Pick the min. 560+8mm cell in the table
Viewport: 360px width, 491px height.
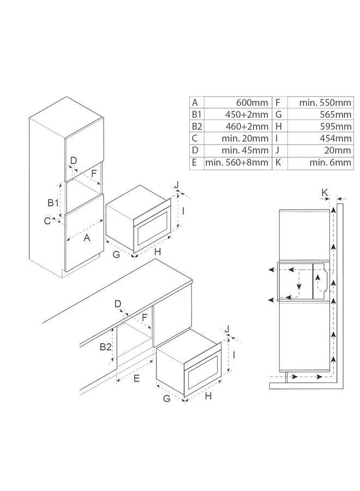(x=237, y=162)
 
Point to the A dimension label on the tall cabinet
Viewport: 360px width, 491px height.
(x=86, y=237)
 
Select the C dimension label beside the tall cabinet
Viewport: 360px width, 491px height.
(x=47, y=220)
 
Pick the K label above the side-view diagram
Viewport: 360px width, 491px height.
(x=325, y=192)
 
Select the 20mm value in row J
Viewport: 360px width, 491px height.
(x=339, y=150)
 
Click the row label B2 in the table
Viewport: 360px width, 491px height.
(x=196, y=127)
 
